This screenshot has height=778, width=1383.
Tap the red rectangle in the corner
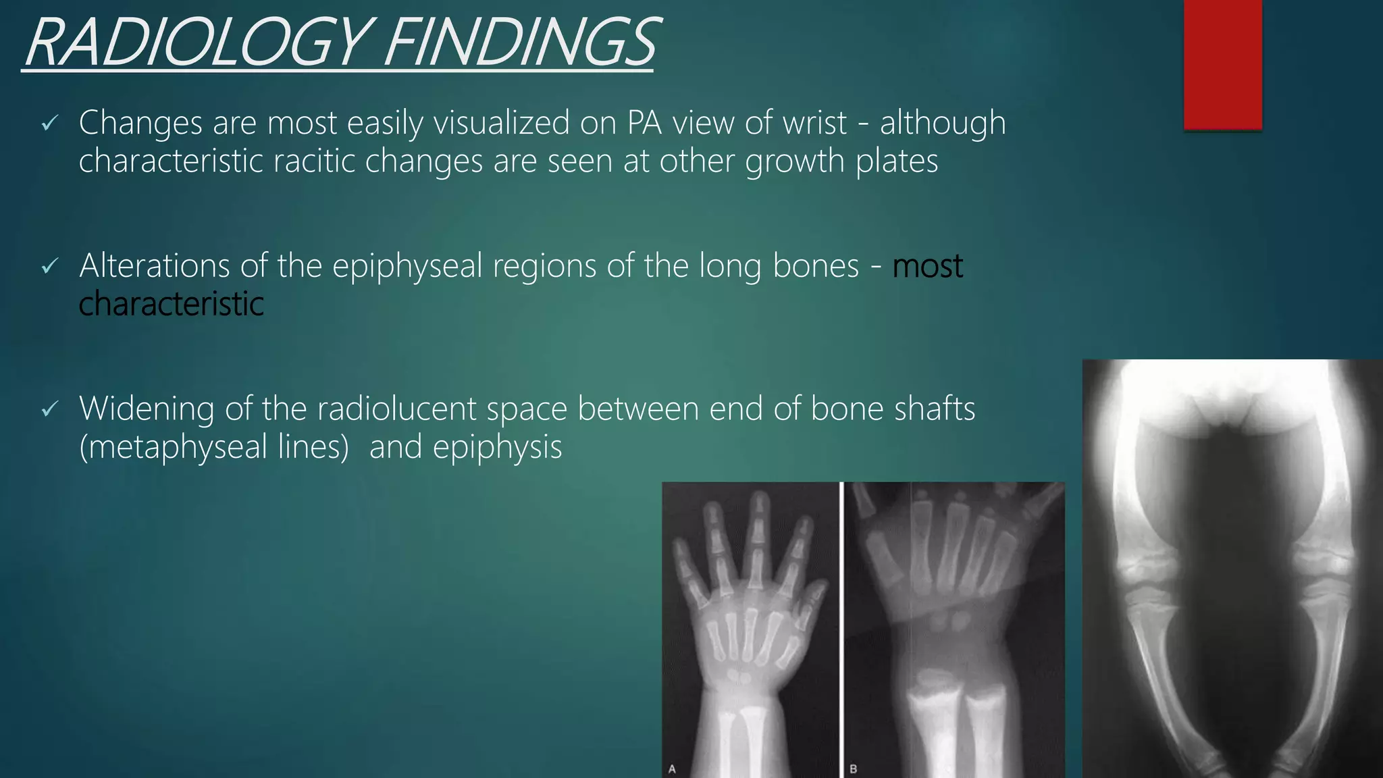point(1222,64)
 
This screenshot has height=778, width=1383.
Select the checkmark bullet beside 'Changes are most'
point(50,124)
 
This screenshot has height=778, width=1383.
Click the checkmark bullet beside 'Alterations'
point(50,267)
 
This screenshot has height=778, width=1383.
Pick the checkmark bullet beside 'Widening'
point(50,409)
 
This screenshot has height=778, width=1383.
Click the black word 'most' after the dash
point(927,266)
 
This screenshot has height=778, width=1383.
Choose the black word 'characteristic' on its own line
point(171,304)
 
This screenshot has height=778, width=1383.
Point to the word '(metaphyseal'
point(173,447)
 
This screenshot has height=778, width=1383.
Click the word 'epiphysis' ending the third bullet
point(497,447)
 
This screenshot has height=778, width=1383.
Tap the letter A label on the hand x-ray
point(672,769)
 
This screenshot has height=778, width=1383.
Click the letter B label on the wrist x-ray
point(853,769)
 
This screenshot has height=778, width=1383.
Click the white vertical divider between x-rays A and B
point(841,628)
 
